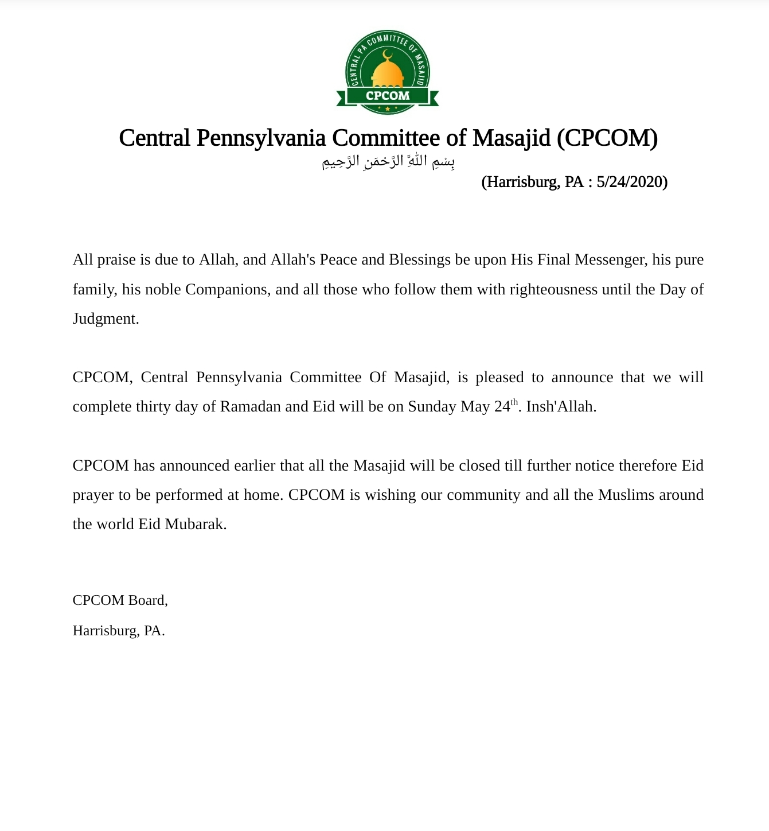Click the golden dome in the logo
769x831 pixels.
click(388, 73)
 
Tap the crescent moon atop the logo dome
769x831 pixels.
click(388, 55)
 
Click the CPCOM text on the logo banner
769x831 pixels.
click(388, 96)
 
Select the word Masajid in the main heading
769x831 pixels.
click(512, 138)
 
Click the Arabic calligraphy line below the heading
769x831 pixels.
click(388, 162)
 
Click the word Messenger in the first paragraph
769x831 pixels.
click(611, 260)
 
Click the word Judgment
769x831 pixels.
click(106, 319)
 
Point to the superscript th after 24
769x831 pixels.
click(514, 402)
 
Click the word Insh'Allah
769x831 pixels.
click(561, 407)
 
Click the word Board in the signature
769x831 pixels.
click(147, 600)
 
